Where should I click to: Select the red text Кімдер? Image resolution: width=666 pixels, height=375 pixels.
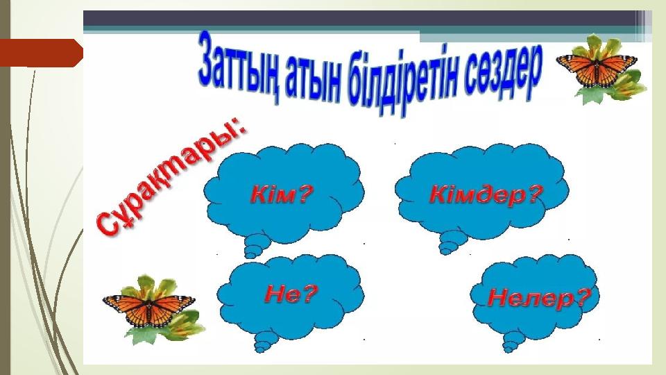(x=487, y=194)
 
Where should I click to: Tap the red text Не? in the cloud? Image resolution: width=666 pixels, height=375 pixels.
(x=291, y=293)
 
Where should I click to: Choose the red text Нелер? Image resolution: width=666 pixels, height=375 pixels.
(x=539, y=297)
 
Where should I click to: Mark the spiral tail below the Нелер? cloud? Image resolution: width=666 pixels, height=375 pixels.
(x=513, y=342)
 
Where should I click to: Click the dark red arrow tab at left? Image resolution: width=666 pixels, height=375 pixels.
(x=41, y=53)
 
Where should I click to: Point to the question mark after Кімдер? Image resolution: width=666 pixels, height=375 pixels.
(x=536, y=194)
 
